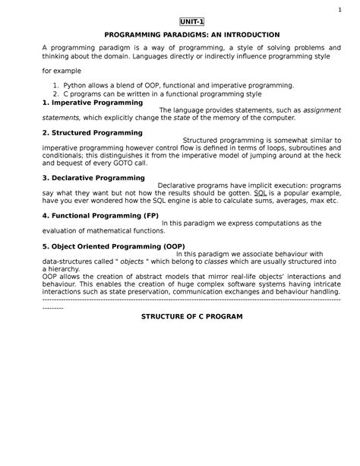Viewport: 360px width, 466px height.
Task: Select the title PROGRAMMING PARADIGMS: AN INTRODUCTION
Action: point(182,35)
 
